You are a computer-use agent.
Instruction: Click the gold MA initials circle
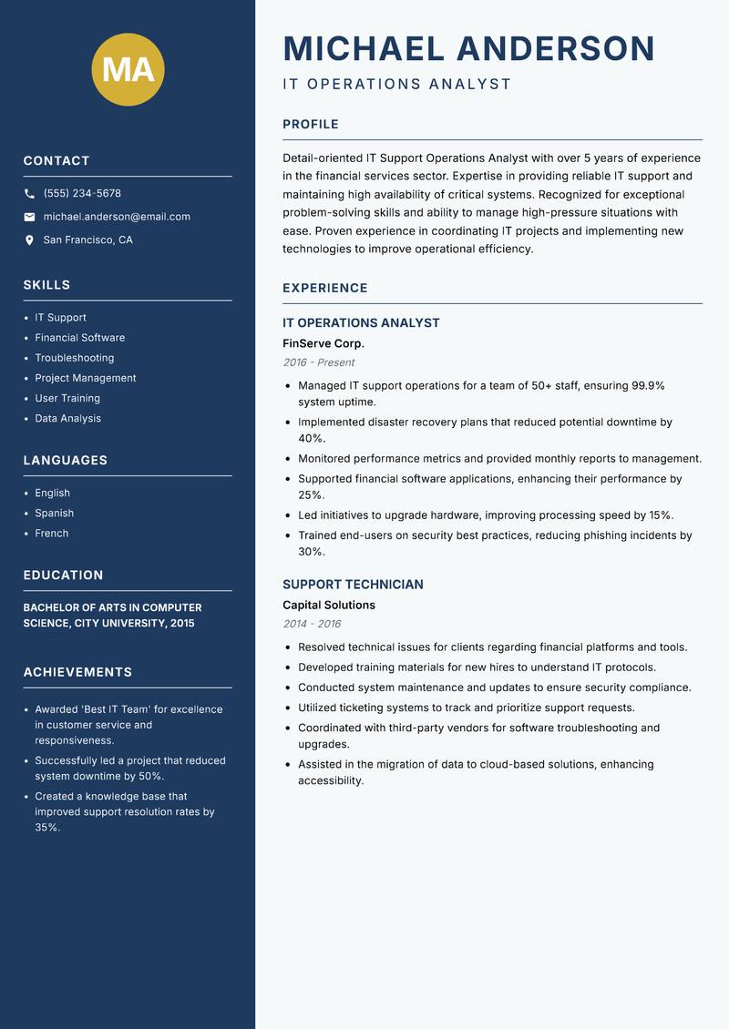pos(128,69)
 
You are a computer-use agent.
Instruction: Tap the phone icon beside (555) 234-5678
pos(29,194)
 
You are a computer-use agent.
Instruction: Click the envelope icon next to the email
pos(29,217)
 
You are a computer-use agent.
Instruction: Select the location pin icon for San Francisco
pos(29,240)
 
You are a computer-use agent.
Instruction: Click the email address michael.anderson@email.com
pos(117,217)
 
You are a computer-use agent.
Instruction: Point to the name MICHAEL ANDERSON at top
pos(468,48)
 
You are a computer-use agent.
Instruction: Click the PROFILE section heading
pos(310,125)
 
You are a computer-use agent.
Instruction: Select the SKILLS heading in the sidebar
pos(46,285)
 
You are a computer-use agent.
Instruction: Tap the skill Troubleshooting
pos(75,358)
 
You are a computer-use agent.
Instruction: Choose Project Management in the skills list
pos(86,378)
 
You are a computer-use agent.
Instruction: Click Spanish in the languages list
pos(55,513)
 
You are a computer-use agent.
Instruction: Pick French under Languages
pos(52,533)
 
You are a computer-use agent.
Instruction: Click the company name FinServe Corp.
pos(323,343)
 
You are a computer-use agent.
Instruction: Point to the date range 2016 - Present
pos(318,362)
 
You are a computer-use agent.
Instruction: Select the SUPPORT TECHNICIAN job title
pos(353,585)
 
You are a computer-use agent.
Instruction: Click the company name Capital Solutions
pos(328,605)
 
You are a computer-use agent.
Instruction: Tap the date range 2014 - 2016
pos(312,624)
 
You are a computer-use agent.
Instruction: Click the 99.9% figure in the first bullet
pos(648,385)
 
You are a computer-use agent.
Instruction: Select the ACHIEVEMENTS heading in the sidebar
pos(77,672)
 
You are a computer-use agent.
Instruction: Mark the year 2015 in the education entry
pos(180,624)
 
